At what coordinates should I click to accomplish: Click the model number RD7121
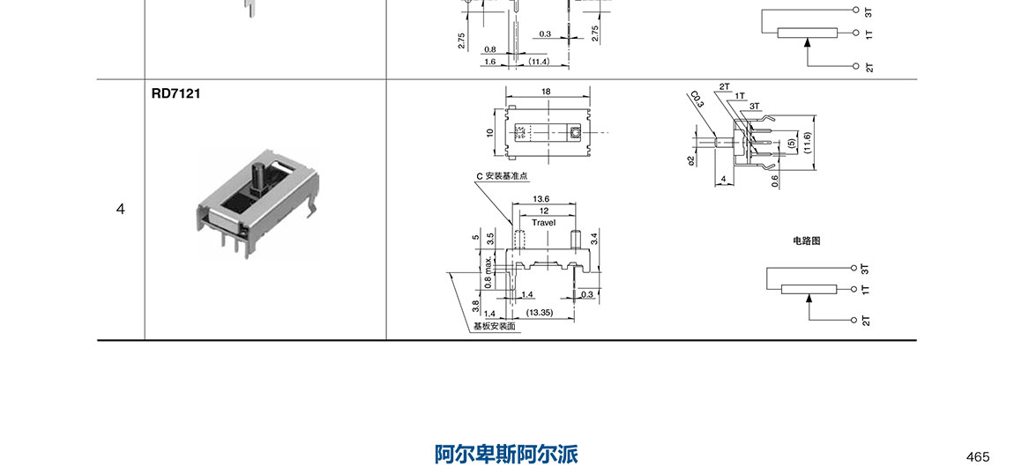[176, 92]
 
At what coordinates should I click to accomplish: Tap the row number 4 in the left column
[121, 209]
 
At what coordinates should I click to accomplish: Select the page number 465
[978, 456]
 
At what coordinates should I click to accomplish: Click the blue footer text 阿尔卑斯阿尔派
[506, 455]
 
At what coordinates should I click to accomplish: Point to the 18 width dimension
[546, 92]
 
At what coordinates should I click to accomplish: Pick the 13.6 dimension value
[541, 199]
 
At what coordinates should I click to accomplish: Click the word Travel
[544, 223]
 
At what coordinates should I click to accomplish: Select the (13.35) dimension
[539, 313]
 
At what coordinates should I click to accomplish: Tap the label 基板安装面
[494, 326]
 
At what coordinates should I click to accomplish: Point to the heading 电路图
[806, 240]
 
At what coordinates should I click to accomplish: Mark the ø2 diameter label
[693, 159]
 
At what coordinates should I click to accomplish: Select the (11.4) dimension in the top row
[539, 62]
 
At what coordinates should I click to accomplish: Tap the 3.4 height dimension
[595, 237]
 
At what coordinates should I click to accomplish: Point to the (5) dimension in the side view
[791, 142]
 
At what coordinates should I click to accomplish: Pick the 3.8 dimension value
[475, 306]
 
